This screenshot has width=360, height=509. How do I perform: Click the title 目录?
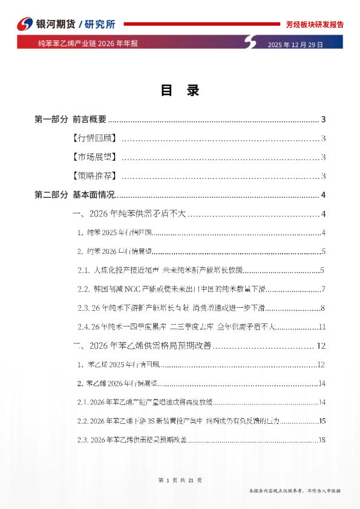[x=180, y=91]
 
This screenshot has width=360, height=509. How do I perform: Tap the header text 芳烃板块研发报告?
[x=315, y=25]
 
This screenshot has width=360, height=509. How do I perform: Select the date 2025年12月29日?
[x=295, y=45]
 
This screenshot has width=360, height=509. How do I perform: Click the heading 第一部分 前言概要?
[x=71, y=119]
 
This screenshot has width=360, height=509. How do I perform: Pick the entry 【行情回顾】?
[x=94, y=138]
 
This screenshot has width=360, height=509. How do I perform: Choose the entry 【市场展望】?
[x=94, y=158]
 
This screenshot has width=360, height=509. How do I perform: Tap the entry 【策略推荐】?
[x=94, y=177]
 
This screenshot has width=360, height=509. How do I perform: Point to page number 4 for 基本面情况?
[x=324, y=195]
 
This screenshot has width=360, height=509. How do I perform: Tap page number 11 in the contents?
[x=322, y=327]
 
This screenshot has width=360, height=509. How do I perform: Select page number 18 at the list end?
[x=322, y=440]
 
